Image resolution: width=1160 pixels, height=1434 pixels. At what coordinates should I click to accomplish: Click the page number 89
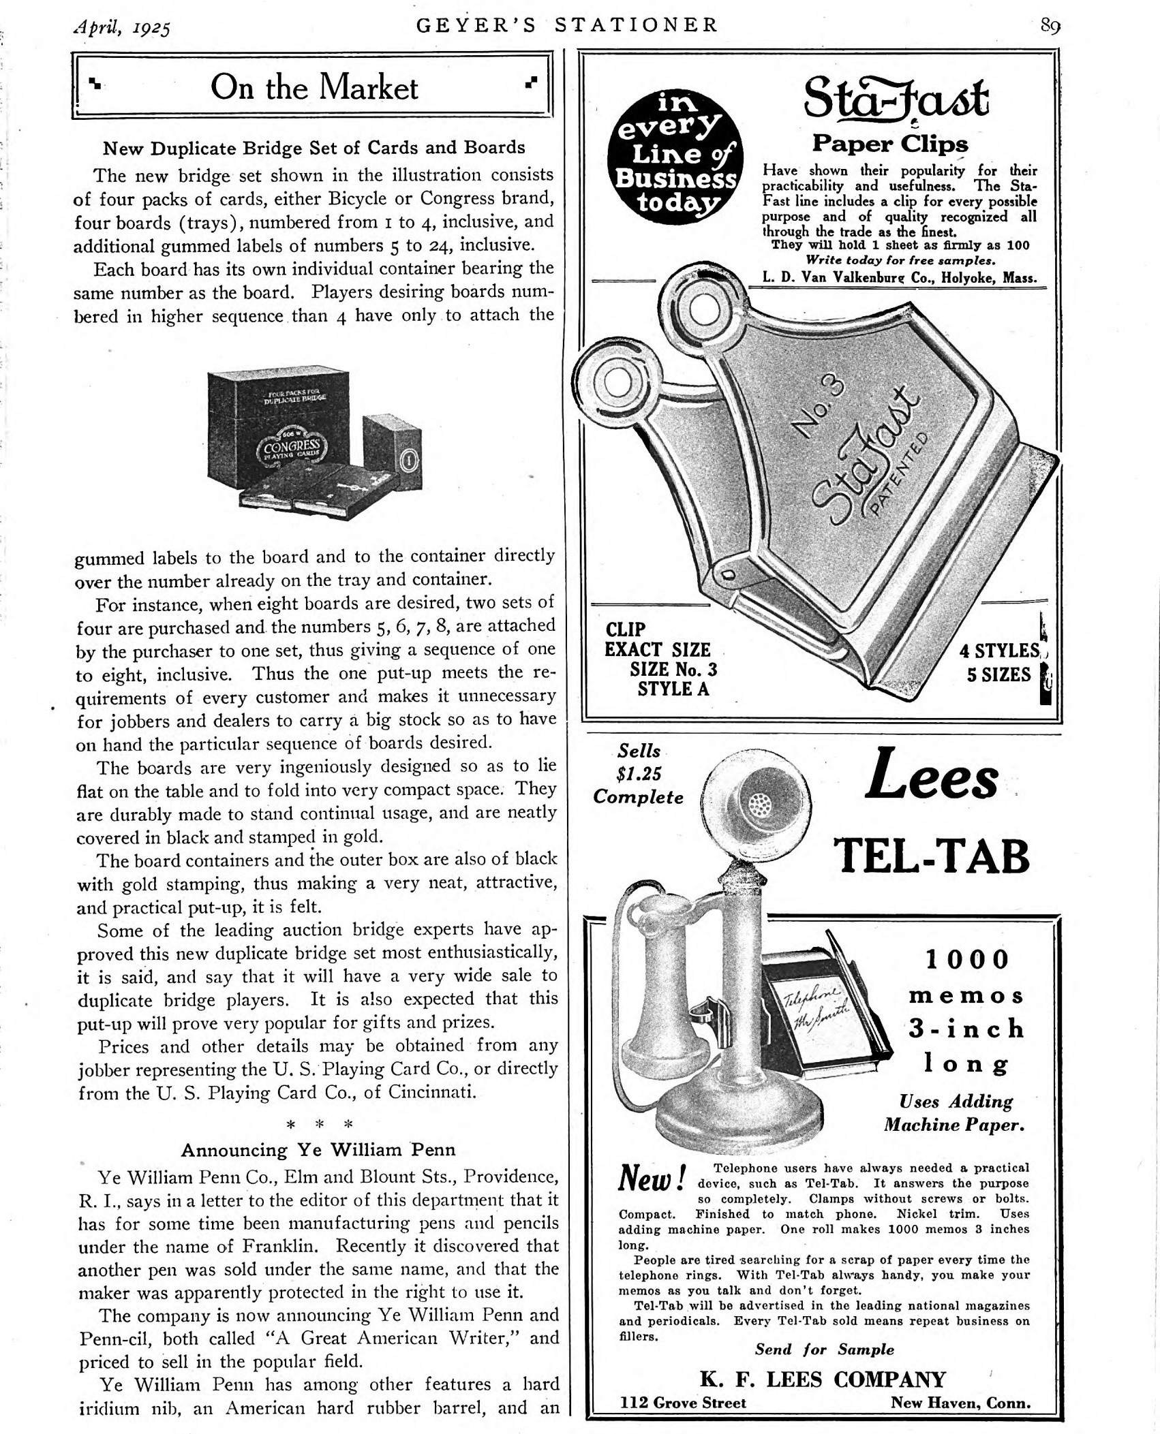(x=1050, y=26)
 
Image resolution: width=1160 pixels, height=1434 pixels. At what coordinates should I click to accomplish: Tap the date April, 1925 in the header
(x=122, y=28)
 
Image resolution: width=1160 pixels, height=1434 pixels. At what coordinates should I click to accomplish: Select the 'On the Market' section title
(x=314, y=88)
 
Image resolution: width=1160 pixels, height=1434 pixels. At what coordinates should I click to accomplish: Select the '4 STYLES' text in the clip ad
(x=999, y=651)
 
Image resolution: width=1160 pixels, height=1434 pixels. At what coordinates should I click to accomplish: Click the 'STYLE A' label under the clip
(x=673, y=689)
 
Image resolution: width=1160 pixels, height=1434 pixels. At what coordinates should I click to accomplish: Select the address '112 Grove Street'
(x=682, y=1403)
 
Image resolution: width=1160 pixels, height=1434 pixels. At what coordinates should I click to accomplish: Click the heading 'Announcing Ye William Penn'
(x=318, y=1150)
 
